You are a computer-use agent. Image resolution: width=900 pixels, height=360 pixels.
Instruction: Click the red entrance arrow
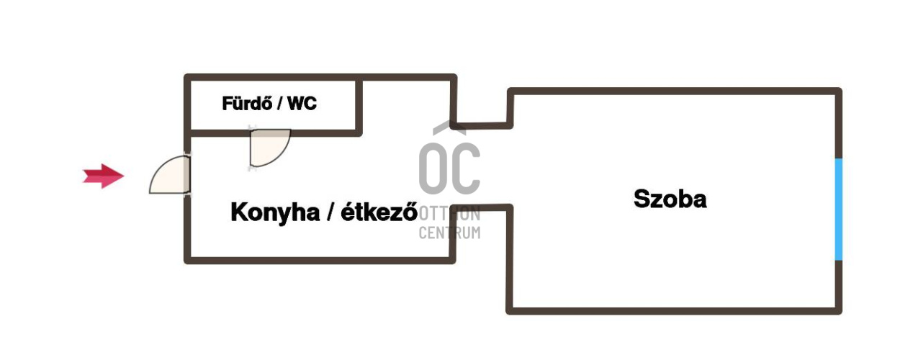(x=103, y=176)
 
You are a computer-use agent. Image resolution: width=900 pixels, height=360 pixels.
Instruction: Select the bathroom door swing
(x=269, y=147)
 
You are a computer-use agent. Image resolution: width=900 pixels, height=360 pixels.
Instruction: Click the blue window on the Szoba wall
(x=839, y=210)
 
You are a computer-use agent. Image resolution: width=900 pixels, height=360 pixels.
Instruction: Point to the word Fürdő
(x=248, y=103)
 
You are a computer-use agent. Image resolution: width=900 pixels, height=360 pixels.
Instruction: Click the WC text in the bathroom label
(x=302, y=103)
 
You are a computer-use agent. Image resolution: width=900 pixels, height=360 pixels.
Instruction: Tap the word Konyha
(x=275, y=212)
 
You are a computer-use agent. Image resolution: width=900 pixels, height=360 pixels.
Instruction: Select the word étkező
(x=379, y=212)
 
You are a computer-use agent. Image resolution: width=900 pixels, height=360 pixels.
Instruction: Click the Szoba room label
(x=670, y=199)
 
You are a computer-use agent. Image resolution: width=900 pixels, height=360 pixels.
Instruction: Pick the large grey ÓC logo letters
(x=449, y=168)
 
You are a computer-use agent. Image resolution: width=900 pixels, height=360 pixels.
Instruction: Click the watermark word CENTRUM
(x=449, y=233)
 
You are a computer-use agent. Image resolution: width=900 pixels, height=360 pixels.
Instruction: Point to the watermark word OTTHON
(x=449, y=214)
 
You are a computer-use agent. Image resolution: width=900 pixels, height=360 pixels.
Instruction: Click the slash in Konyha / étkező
(x=330, y=212)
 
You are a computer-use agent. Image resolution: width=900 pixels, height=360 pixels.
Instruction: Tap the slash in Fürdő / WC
(x=280, y=103)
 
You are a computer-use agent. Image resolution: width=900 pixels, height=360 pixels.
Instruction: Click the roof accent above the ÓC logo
(x=449, y=127)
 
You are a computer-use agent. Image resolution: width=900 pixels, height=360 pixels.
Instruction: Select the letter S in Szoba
(x=642, y=199)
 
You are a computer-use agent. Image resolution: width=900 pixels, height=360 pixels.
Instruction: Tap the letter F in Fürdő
(x=227, y=103)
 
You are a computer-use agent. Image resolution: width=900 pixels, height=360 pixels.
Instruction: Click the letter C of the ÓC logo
(x=466, y=168)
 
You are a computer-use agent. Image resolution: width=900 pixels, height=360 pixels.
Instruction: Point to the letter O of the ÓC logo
(x=432, y=168)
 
